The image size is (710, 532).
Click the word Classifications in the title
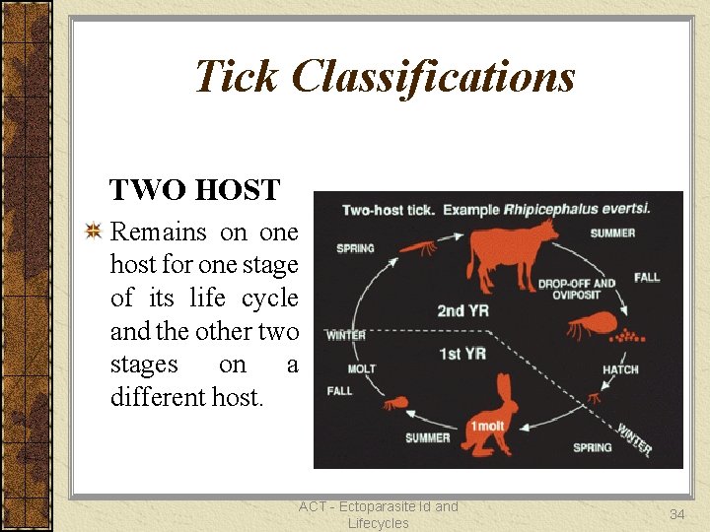coord(434,76)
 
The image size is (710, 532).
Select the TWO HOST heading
coord(194,189)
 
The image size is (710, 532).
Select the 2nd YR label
coord(463,311)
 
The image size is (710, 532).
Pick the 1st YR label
coord(462,353)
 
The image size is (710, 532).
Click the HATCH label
coord(620,369)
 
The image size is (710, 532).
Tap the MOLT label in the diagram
coord(361,368)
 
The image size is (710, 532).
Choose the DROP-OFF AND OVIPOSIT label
coord(576,290)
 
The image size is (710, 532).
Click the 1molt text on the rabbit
coord(488,426)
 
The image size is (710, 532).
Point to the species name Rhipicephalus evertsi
coord(577,210)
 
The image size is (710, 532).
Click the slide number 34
coord(677,513)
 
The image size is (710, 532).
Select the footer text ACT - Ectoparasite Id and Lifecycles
coord(379,514)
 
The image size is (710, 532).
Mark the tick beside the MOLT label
coord(395,402)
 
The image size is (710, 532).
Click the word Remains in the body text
coord(159,233)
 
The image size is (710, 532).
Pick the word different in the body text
coord(159,398)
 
